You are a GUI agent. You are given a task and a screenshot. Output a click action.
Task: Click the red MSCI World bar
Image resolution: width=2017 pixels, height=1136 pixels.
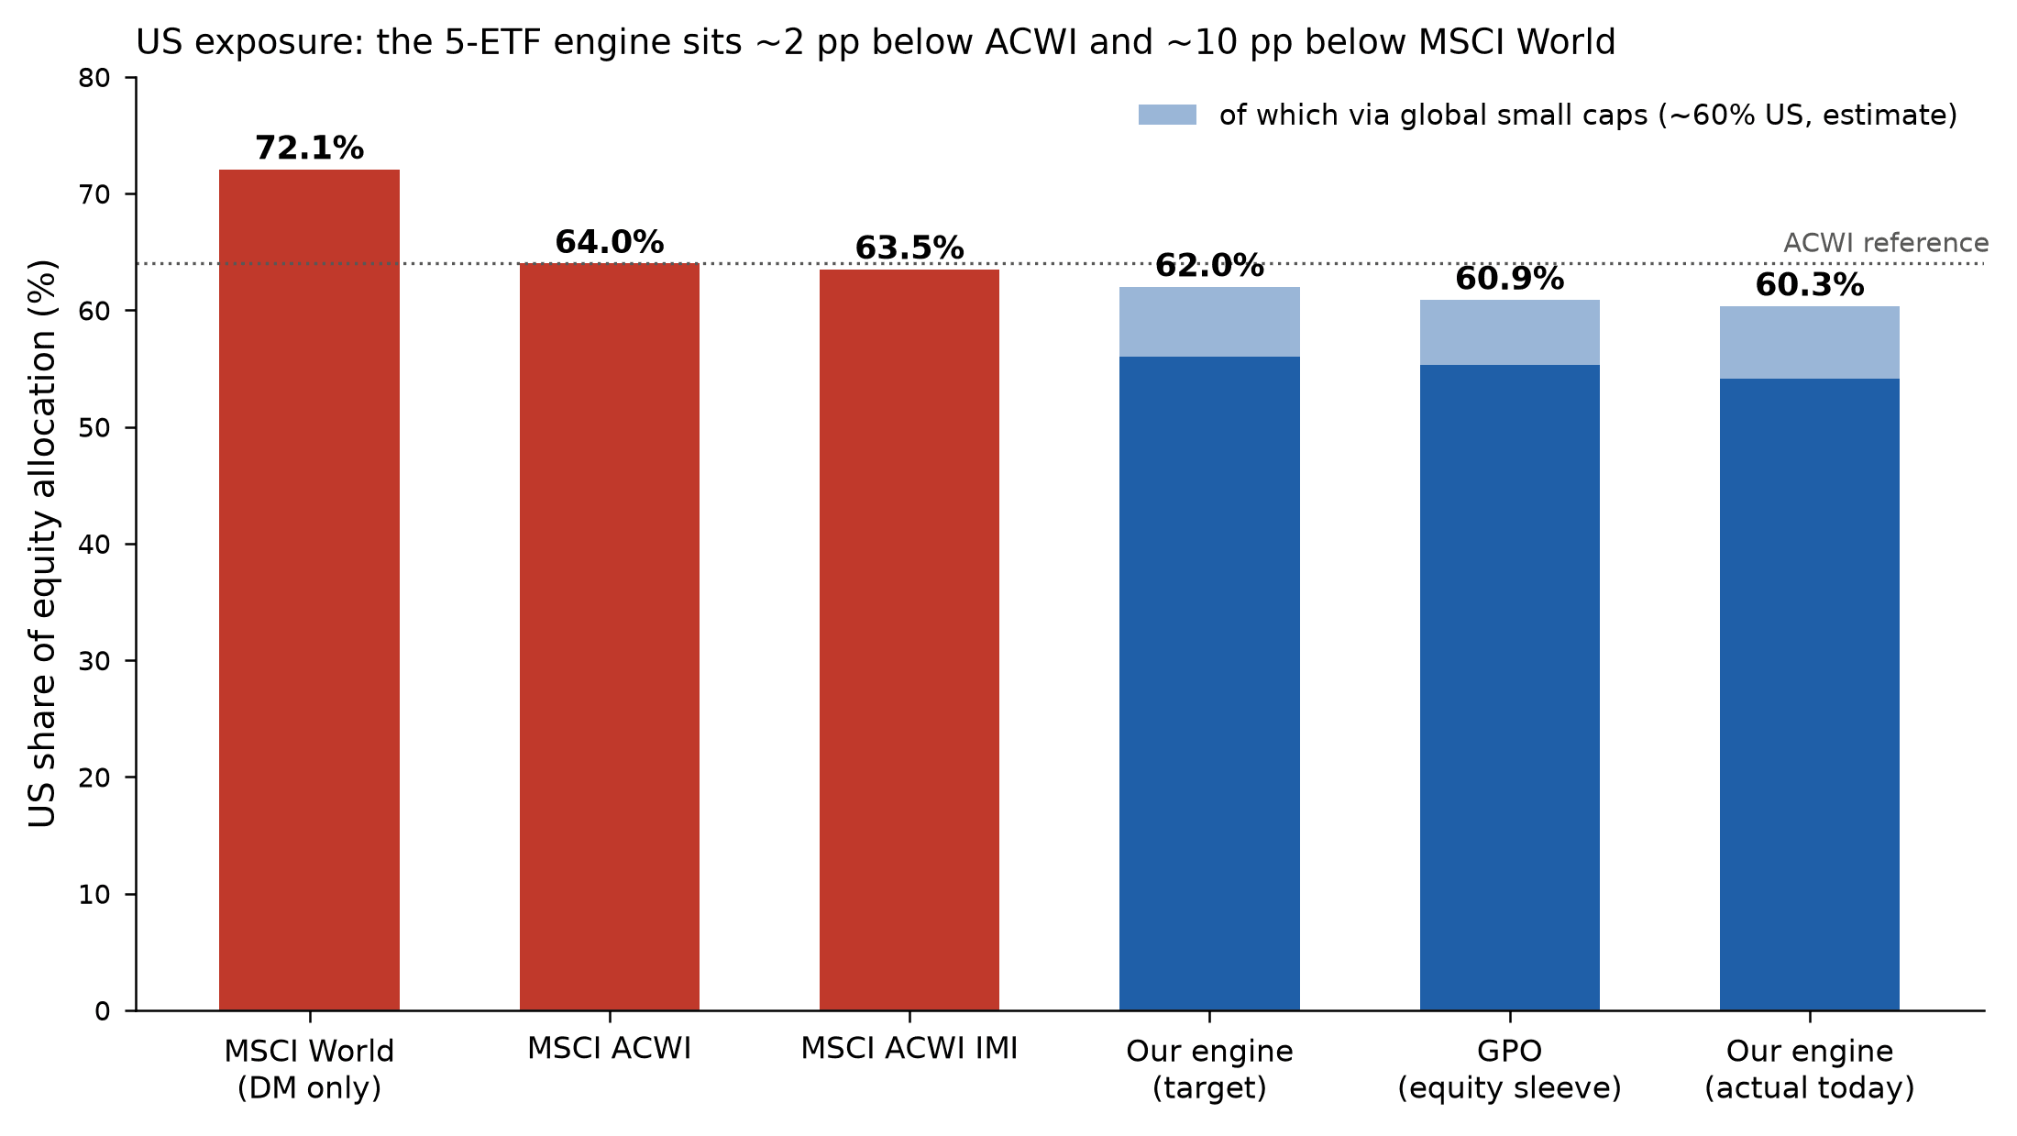click(309, 590)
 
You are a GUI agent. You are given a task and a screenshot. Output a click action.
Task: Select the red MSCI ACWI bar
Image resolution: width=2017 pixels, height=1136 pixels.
click(610, 637)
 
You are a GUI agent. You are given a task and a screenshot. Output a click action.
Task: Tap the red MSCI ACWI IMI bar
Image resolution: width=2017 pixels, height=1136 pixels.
click(909, 640)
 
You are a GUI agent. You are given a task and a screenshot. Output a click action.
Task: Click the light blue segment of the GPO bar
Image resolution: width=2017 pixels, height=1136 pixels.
click(1510, 333)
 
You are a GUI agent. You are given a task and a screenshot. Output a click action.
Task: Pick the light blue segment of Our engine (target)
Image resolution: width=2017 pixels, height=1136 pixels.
click(1209, 322)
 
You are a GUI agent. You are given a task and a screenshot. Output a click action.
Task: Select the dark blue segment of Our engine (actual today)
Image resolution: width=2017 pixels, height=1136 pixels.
click(1810, 695)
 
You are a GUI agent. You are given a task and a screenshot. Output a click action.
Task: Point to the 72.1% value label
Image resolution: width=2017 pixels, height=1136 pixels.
click(309, 148)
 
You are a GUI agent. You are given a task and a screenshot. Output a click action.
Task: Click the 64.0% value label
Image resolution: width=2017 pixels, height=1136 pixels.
click(610, 242)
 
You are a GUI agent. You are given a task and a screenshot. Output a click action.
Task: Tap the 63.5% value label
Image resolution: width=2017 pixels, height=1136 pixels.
click(909, 248)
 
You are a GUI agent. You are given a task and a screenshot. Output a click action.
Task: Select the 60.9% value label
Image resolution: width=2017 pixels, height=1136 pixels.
click(1510, 278)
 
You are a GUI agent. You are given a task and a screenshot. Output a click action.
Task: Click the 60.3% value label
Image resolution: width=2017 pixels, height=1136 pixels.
click(1810, 285)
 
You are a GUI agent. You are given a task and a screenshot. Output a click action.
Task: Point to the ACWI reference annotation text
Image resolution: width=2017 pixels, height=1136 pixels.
click(1886, 243)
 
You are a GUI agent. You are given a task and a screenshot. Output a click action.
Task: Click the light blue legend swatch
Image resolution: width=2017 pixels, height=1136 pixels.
click(1167, 115)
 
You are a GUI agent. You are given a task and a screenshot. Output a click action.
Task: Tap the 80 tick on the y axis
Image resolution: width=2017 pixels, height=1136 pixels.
click(94, 78)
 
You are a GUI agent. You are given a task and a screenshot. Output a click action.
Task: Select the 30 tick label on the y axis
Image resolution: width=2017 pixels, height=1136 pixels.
click(94, 661)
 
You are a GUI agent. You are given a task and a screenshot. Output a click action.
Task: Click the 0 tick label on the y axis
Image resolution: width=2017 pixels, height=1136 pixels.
click(103, 1011)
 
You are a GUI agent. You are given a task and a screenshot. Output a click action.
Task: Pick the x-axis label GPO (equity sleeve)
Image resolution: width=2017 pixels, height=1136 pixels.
click(1510, 1069)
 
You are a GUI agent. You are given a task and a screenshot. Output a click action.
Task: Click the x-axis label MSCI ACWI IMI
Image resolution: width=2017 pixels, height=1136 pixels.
click(909, 1049)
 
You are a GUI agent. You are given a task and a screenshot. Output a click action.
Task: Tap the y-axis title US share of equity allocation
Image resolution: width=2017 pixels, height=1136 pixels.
click(43, 544)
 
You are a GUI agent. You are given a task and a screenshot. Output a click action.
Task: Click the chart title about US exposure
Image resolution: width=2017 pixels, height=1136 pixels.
click(876, 42)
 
